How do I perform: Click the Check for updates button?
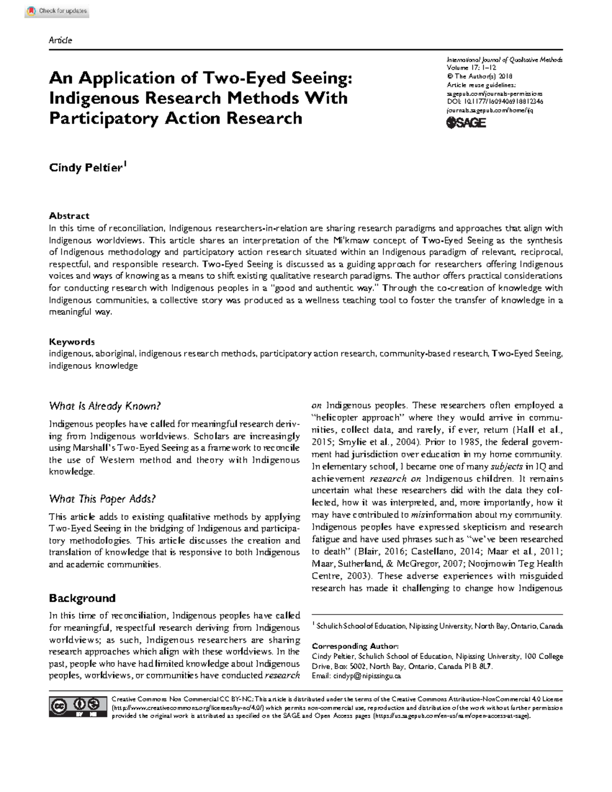[x=57, y=11]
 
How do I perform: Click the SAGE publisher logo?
[x=466, y=123]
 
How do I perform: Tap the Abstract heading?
[x=69, y=216]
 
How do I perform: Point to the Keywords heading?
[x=72, y=342]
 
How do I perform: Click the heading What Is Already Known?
[x=105, y=406]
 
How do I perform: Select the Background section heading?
[x=82, y=598]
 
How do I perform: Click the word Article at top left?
[x=60, y=40]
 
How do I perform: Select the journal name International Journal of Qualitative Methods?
[x=504, y=60]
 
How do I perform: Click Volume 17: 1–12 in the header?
[x=472, y=67]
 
